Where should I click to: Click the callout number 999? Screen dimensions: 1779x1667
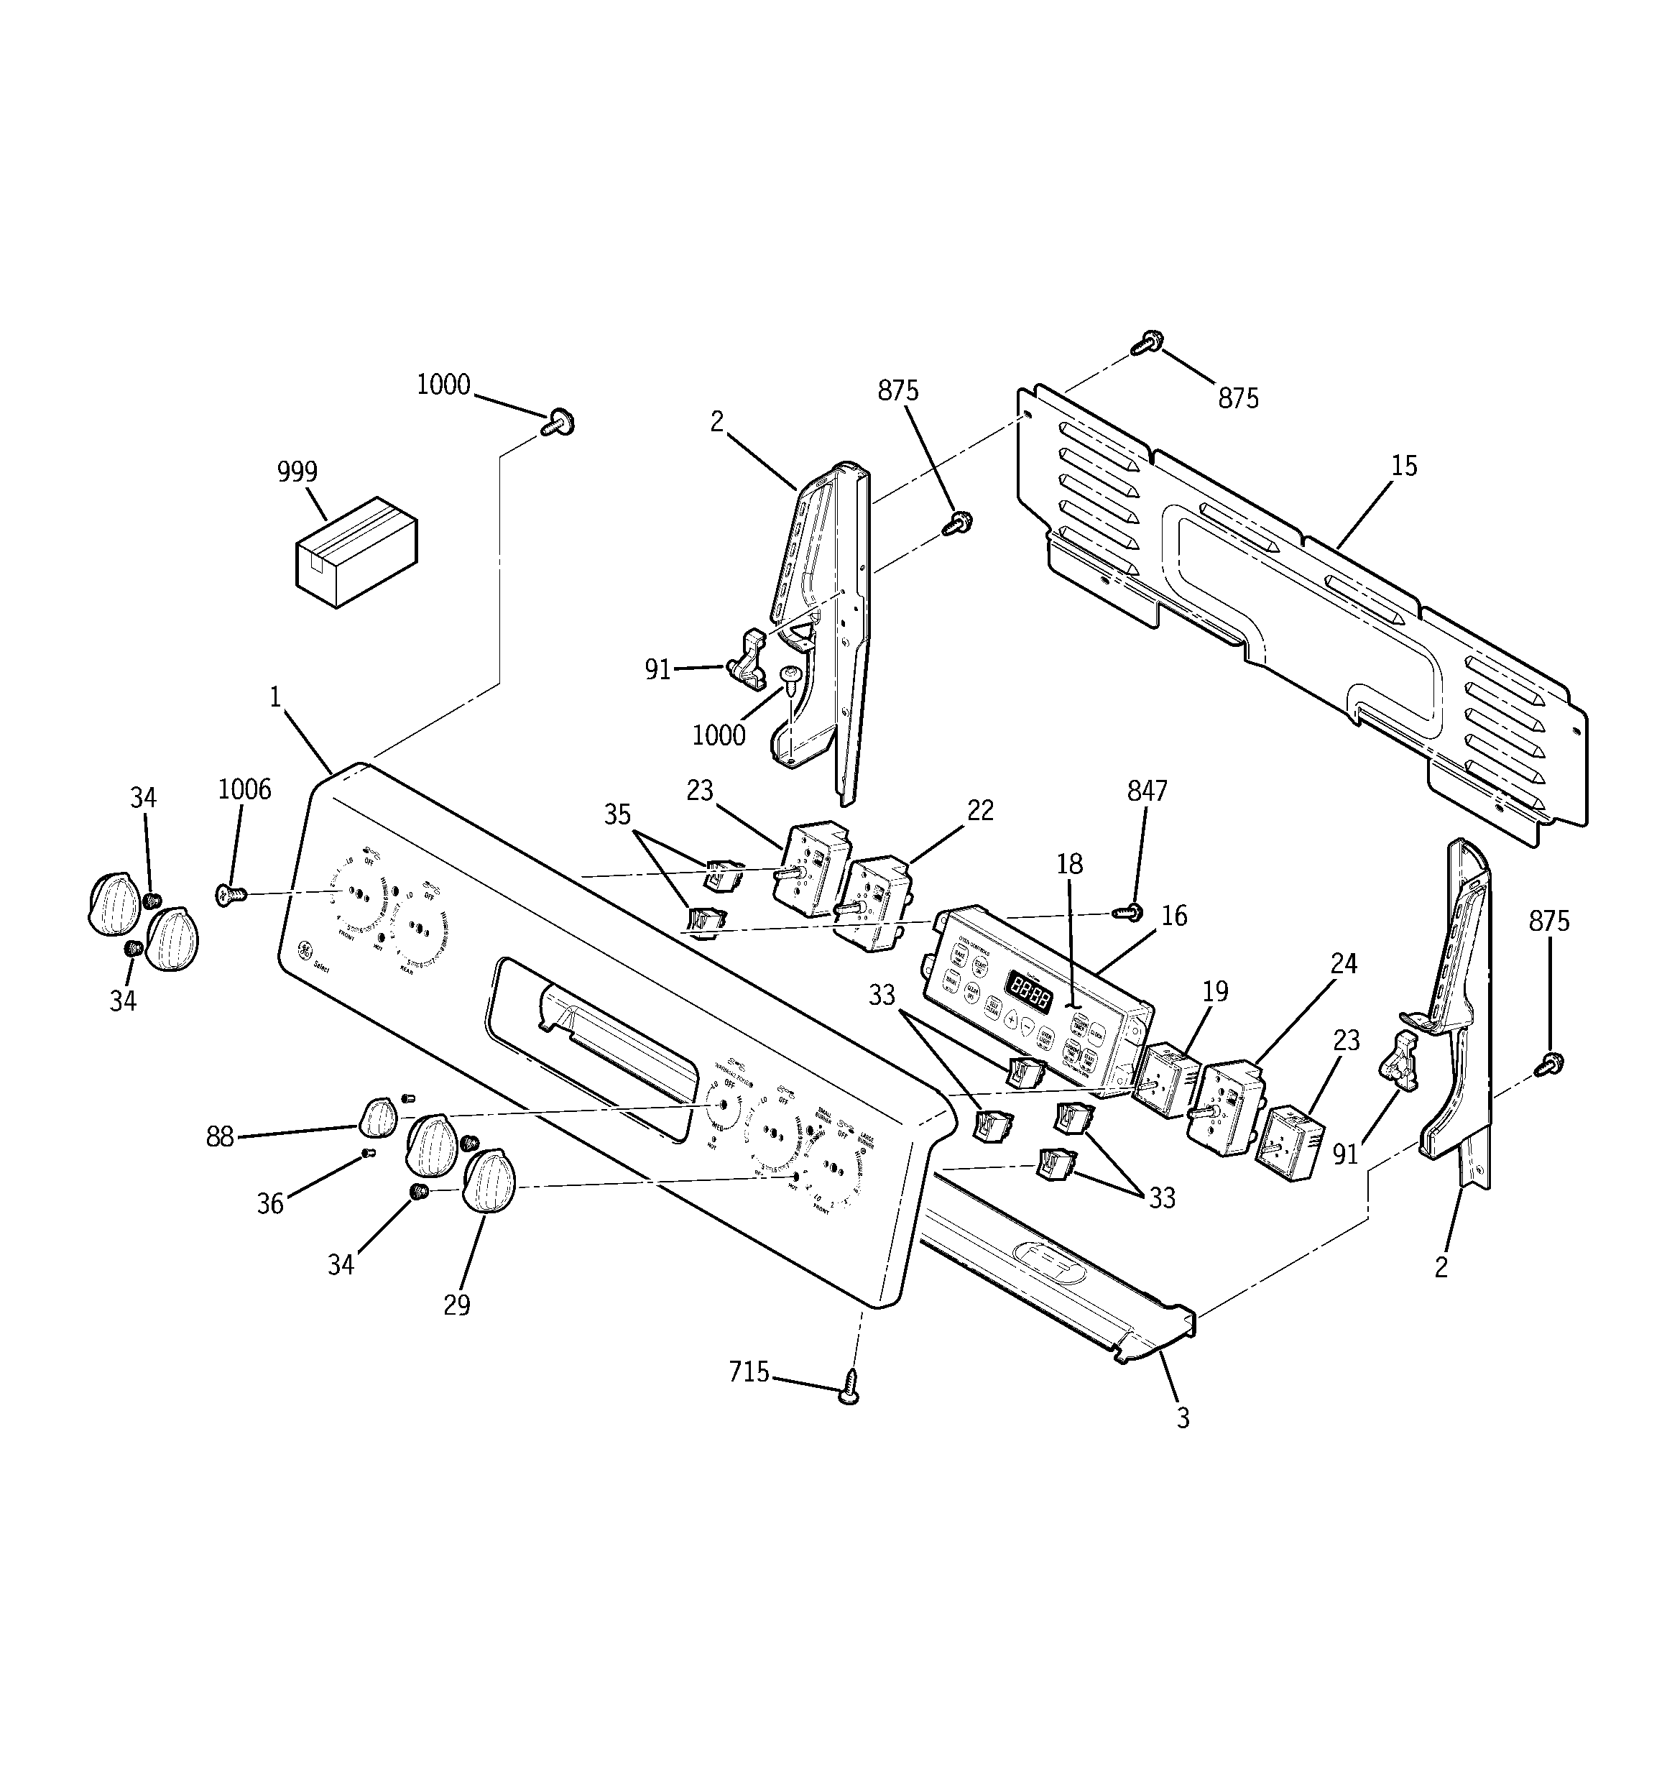coord(297,472)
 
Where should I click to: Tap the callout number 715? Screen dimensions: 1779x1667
coord(749,1372)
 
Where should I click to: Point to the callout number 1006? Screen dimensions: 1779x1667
coord(244,789)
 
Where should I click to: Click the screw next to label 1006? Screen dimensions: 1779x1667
coord(230,892)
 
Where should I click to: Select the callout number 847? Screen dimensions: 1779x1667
coord(1147,791)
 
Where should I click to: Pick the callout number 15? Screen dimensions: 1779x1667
coord(1404,465)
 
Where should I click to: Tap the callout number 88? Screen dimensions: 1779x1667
coord(219,1137)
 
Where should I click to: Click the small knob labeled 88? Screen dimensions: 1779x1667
coord(378,1118)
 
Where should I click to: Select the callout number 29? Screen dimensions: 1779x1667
coord(456,1305)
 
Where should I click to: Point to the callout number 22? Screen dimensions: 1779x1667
coord(981,810)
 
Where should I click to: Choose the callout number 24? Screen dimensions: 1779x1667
coord(1344,964)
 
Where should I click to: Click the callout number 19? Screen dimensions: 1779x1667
coord(1215,991)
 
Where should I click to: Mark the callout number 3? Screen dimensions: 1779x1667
coord(1183,1418)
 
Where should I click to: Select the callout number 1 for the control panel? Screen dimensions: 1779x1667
coord(276,697)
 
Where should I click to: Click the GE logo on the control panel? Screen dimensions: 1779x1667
coord(305,950)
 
